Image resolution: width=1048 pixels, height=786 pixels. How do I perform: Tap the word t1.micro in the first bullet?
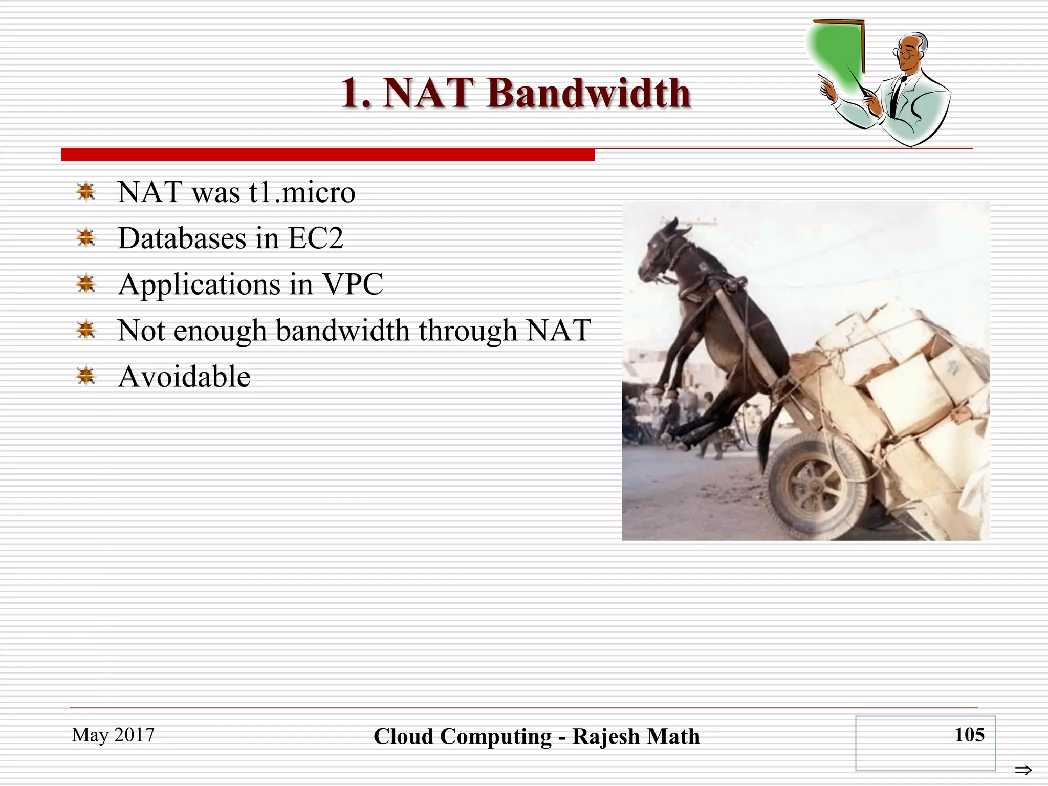coord(302,192)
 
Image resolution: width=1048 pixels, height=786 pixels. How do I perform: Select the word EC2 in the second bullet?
coord(315,238)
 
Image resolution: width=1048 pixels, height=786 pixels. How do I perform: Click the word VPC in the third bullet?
coord(352,285)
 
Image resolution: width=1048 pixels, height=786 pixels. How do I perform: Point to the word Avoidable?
coord(184,377)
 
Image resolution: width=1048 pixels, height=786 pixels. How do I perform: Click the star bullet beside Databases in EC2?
coord(86,238)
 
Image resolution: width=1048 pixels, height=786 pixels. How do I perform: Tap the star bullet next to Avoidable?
coord(86,376)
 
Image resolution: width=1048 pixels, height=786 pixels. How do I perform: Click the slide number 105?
coord(969,735)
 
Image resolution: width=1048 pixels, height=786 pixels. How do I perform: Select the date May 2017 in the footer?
coord(113,735)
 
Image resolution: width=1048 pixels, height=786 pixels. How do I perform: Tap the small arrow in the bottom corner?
coord(1023,770)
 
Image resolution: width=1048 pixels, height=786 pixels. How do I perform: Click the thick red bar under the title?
coord(327,155)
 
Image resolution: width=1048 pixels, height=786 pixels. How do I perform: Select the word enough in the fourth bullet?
coord(220,331)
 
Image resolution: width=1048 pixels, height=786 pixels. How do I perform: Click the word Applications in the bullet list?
coord(200,285)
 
